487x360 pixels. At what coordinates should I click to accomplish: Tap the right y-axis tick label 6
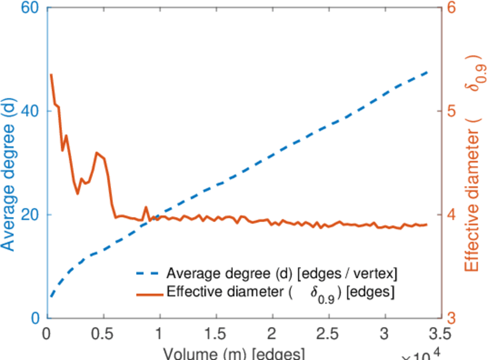pos(451,8)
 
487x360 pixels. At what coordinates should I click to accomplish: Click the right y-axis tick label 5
pos(451,112)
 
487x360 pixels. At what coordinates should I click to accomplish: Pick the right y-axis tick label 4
pos(451,215)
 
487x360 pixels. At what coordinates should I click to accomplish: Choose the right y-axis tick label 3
pos(451,318)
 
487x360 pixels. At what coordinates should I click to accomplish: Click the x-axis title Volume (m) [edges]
pos(234,353)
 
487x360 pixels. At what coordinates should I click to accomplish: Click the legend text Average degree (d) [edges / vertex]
pos(282,275)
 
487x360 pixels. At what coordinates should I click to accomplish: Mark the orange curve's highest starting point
pos(51,75)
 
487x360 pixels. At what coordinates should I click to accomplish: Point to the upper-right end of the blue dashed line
pos(427,72)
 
